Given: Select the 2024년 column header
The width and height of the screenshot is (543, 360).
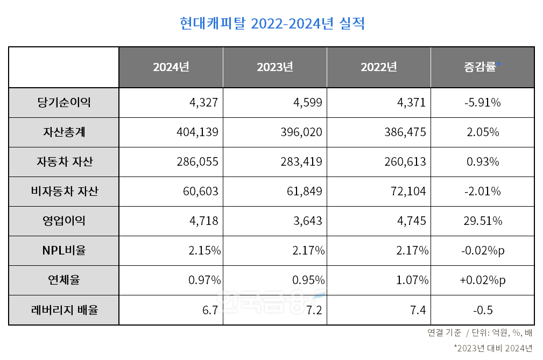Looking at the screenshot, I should click(171, 67).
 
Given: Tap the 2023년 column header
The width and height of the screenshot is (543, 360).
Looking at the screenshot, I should click(274, 67).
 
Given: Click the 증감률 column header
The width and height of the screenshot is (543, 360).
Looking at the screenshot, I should click(482, 67).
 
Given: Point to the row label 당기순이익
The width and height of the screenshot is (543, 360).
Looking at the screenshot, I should click(64, 102).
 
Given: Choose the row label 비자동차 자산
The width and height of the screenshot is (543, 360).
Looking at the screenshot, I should click(64, 191).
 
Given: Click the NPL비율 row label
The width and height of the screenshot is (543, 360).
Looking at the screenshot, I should click(64, 250).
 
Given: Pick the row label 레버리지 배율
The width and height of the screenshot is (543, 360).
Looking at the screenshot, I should click(64, 309).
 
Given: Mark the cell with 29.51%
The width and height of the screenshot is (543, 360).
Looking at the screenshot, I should click(482, 221).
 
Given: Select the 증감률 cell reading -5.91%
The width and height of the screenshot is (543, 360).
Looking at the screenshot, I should click(482, 102).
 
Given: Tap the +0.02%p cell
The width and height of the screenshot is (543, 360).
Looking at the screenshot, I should click(482, 280).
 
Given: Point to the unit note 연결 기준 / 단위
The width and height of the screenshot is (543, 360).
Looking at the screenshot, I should click(479, 333).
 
